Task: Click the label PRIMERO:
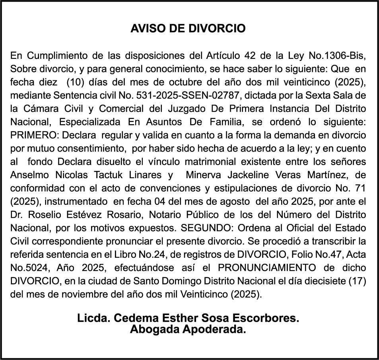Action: pyautogui.click(x=34, y=136)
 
